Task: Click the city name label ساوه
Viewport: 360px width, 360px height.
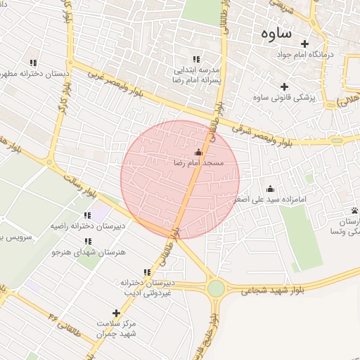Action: coord(276,33)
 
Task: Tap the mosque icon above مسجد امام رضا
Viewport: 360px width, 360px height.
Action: coord(198,152)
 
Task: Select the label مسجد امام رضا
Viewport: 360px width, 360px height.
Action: coord(198,162)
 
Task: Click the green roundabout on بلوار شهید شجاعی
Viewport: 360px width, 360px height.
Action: coord(216,288)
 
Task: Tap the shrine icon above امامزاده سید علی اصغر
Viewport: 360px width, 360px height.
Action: coord(271,188)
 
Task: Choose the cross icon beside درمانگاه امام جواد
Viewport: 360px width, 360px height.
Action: coord(304,44)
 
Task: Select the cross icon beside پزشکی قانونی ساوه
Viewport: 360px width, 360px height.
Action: coord(284,86)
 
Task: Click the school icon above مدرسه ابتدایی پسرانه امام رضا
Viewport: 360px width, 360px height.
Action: coord(196,60)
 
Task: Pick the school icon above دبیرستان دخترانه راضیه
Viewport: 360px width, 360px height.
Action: coord(87,216)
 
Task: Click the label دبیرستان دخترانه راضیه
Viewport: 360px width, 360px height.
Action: coord(87,226)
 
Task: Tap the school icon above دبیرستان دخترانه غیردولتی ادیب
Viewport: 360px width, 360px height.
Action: coord(147,273)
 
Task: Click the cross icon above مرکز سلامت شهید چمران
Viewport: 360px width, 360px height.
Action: coord(116,313)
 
